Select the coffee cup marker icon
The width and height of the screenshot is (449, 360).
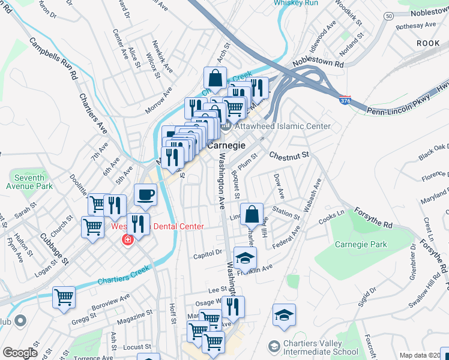click(145, 194)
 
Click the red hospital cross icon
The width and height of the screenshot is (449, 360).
click(127, 240)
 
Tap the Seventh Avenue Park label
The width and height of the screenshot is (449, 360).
click(28, 182)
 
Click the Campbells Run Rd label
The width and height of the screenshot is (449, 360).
click(55, 59)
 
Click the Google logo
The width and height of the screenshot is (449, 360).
click(20, 353)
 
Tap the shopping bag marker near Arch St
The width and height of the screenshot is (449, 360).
click(215, 78)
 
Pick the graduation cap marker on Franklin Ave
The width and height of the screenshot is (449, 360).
click(245, 257)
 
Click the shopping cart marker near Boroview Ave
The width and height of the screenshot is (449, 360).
click(64, 297)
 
